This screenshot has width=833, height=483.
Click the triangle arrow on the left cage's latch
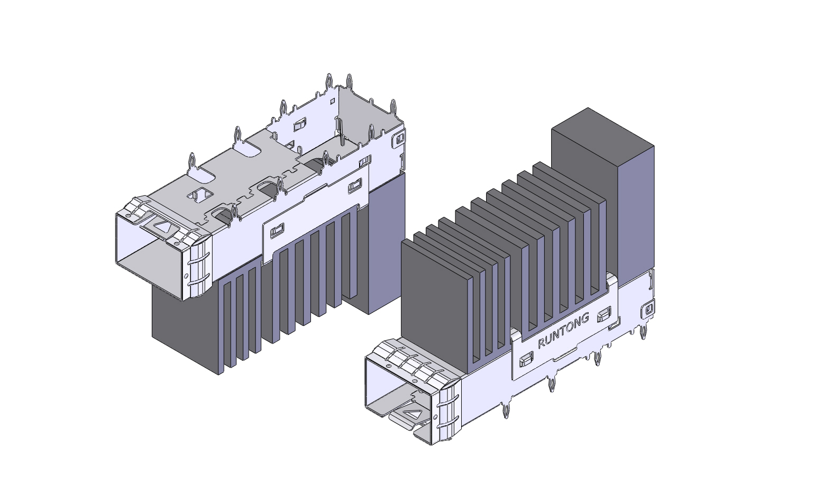162,226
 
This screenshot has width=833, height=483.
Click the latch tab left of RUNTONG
525,360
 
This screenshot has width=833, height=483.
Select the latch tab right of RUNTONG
603,315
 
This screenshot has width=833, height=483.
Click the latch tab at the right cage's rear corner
648,308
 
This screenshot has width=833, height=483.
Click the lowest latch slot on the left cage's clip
277,231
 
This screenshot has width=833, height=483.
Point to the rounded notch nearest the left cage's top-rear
248,149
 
